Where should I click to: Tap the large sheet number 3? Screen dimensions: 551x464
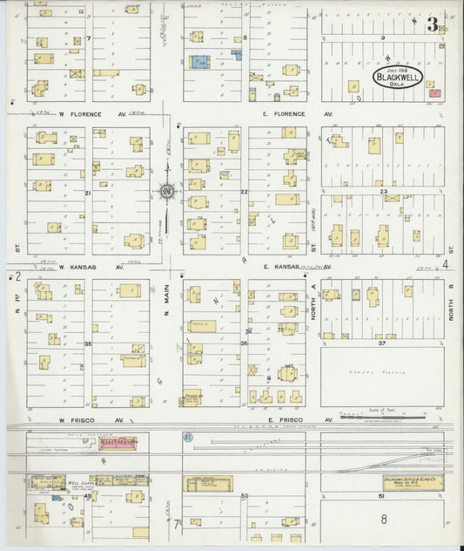[x=432, y=24]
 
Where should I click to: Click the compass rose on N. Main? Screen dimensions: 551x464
[x=165, y=192]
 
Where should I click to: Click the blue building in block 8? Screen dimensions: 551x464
[x=200, y=64]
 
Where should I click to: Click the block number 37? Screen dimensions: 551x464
[x=381, y=343]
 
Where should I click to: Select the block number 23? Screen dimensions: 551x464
[x=383, y=189]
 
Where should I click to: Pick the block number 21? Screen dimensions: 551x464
[x=88, y=192]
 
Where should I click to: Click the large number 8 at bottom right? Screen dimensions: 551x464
[x=383, y=519]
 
